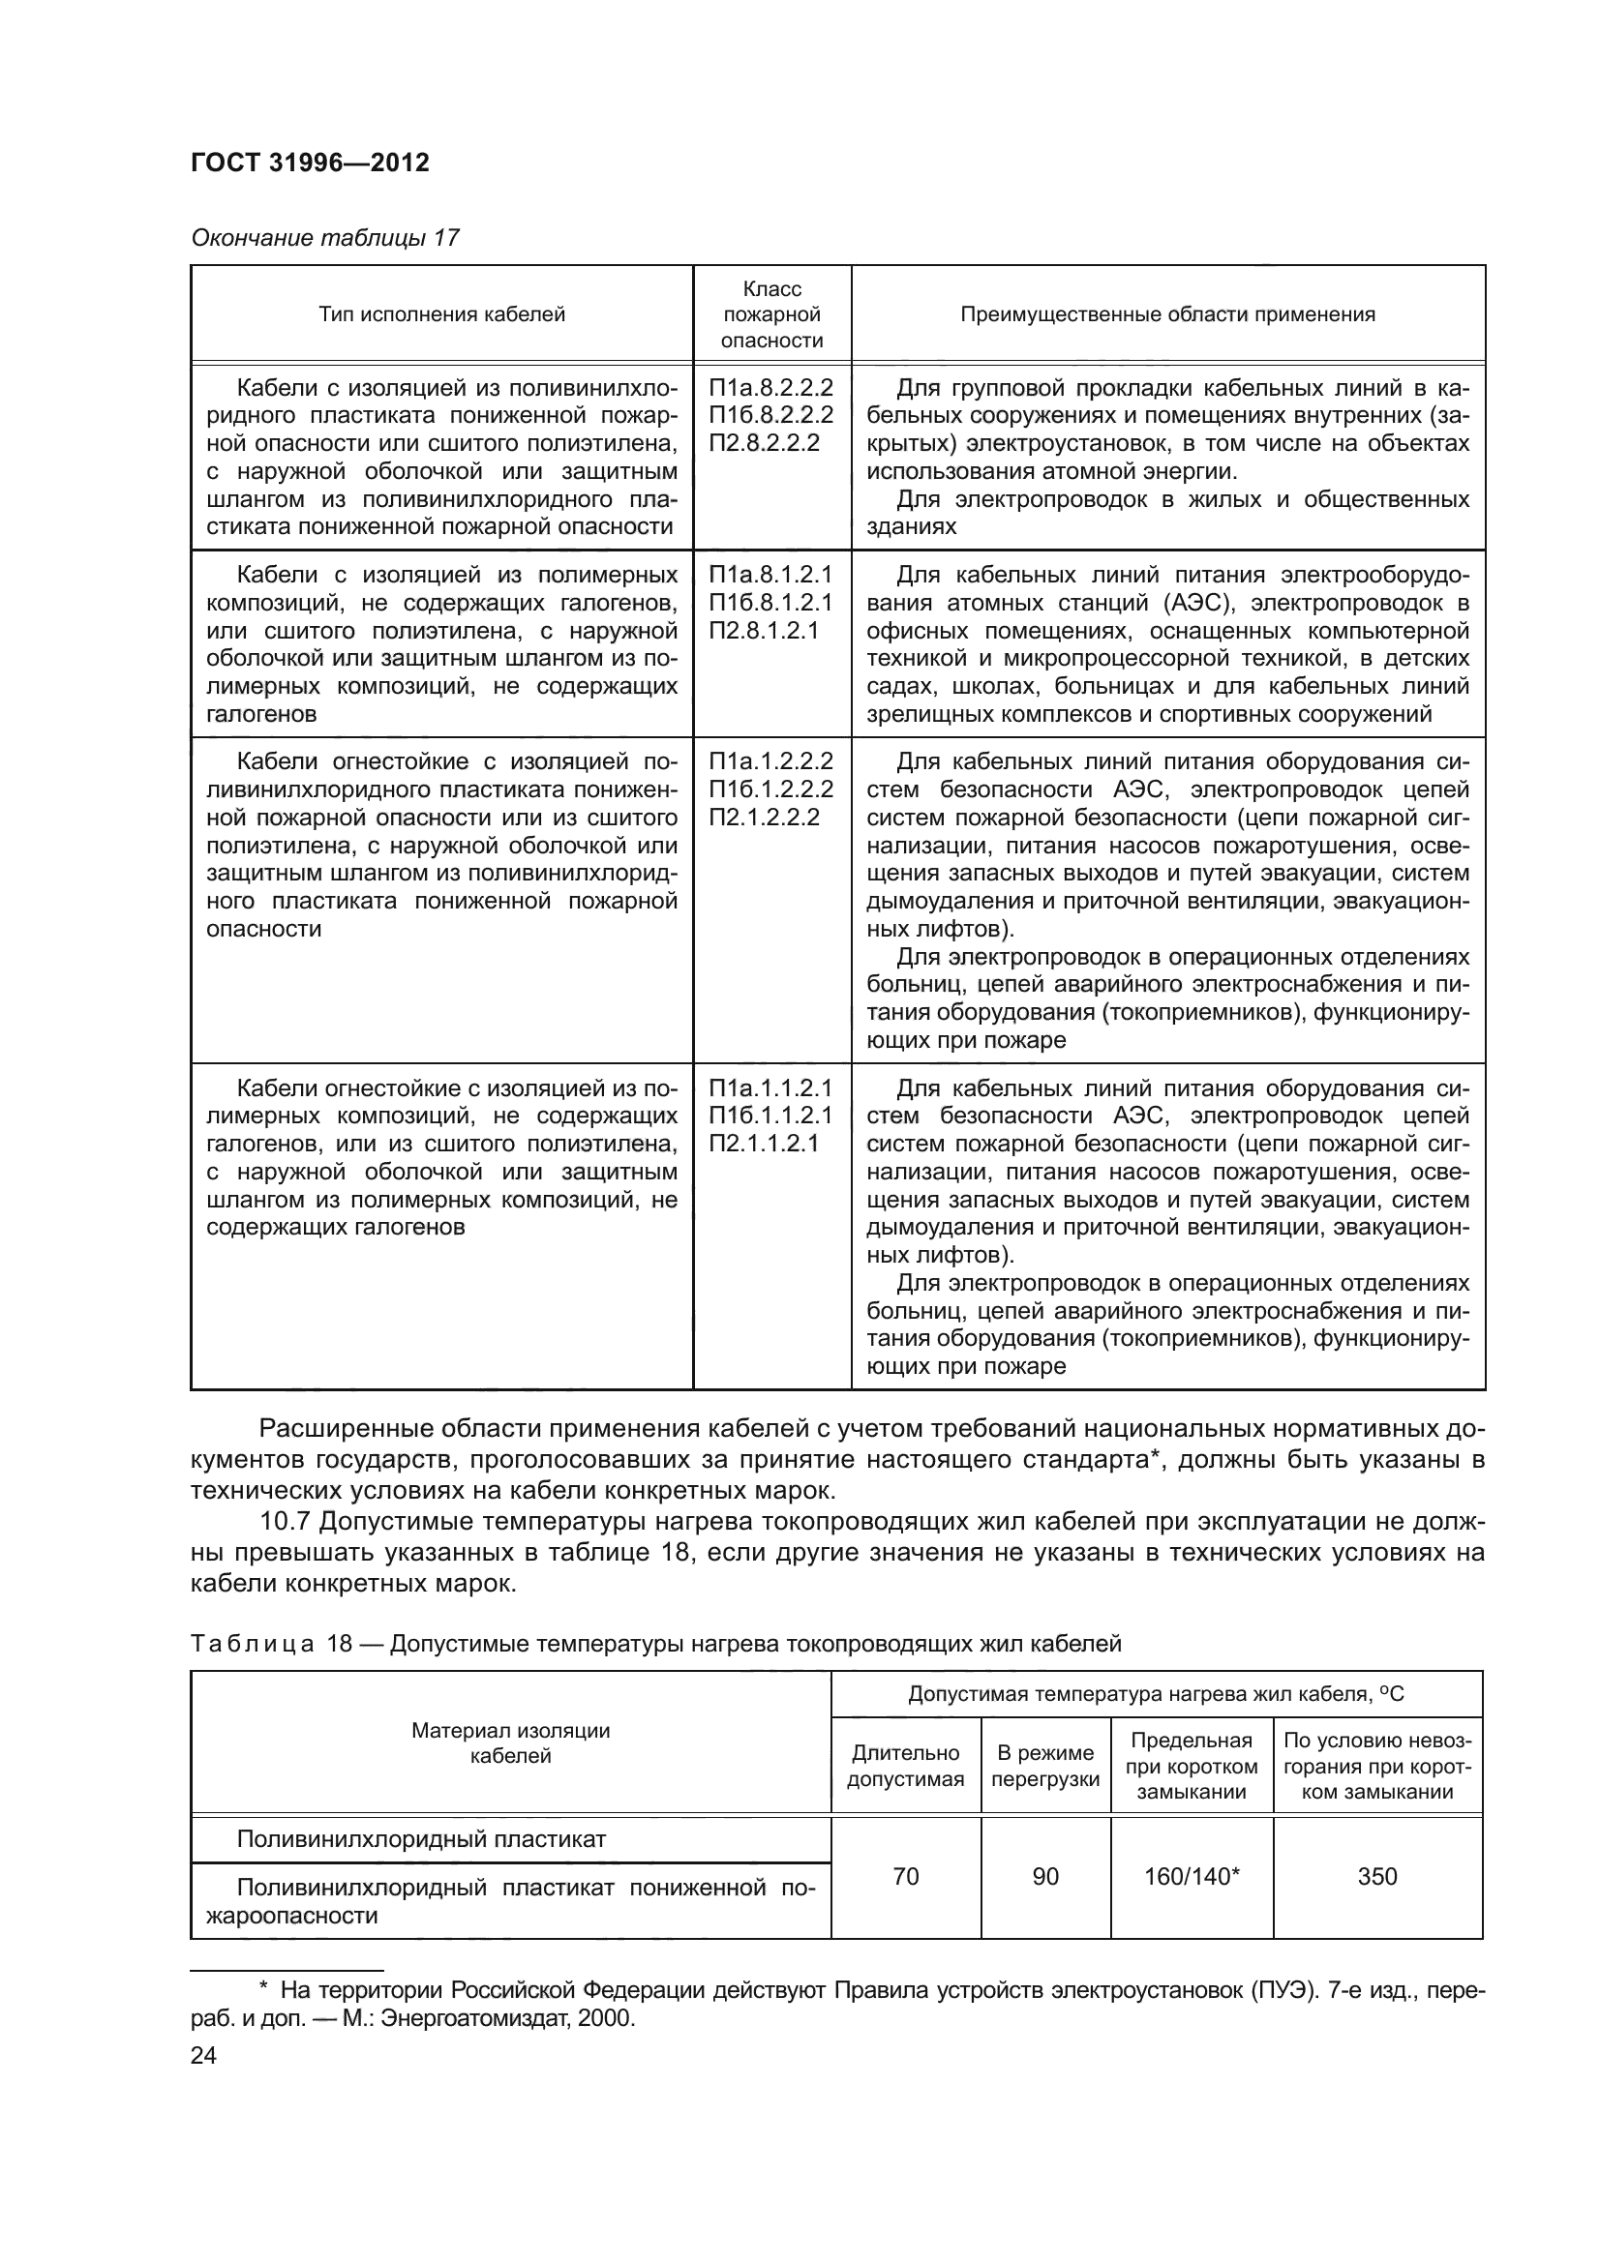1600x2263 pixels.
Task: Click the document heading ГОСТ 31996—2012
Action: click(310, 164)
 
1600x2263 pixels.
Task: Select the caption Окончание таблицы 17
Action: click(324, 238)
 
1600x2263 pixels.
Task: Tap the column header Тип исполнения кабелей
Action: click(441, 314)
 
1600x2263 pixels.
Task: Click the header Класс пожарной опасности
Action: click(771, 314)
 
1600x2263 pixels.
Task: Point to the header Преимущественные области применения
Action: click(1167, 314)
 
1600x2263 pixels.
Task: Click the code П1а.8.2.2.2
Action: click(770, 387)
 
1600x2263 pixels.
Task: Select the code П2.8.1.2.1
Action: click(763, 631)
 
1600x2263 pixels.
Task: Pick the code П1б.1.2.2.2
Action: click(770, 789)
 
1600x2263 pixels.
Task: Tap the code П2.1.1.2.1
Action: click(763, 1145)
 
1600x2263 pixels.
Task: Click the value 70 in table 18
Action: click(905, 1877)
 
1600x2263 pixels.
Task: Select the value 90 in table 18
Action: click(1045, 1877)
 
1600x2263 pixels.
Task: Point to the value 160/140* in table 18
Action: click(1191, 1877)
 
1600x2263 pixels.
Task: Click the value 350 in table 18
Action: click(1376, 1877)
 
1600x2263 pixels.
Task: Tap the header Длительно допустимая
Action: click(905, 1767)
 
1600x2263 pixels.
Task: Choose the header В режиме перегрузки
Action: click(1045, 1767)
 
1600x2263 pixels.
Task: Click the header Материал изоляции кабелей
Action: click(511, 1742)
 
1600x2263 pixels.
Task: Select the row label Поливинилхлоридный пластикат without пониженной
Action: click(421, 1839)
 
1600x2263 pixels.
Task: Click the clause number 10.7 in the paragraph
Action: click(285, 1523)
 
